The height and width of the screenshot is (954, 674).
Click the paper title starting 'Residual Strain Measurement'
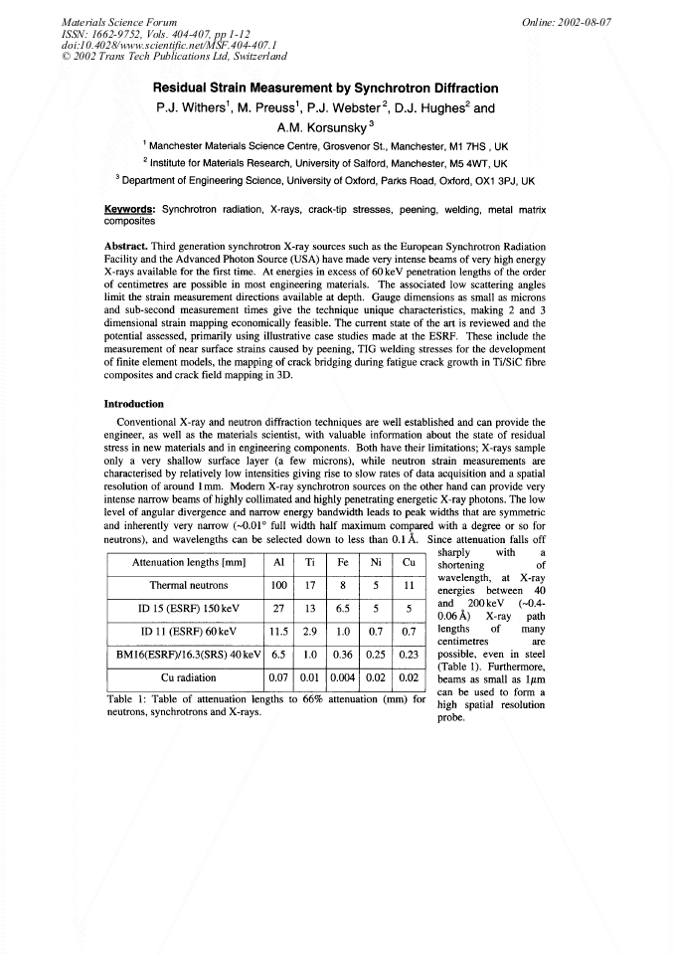(336, 86)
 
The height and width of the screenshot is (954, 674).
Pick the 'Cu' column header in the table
(408, 561)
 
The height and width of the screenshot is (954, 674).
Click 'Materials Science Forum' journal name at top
(105, 21)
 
